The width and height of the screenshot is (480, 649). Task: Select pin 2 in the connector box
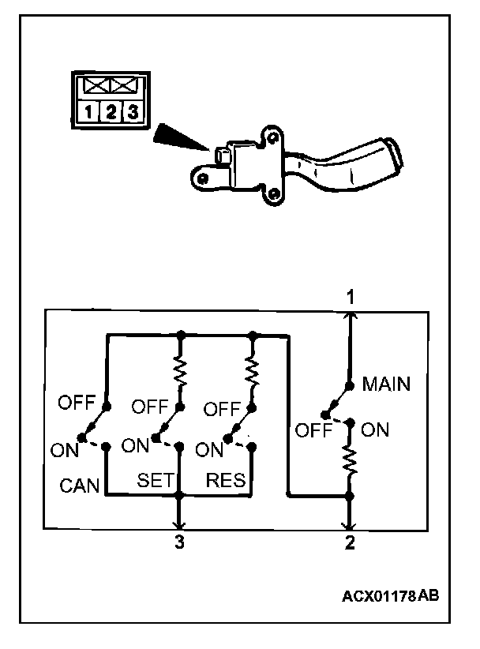pos(111,114)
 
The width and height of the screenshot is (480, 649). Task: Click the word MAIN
pos(386,385)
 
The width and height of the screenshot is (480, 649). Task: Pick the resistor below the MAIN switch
pos(350,462)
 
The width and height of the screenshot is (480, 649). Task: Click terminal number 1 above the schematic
pos(349,296)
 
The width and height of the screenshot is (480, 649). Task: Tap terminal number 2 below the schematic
pos(350,543)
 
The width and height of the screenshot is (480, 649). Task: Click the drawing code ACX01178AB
pos(391,595)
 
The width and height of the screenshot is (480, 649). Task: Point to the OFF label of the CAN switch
pos(77,403)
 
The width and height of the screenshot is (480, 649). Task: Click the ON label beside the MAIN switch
pos(375,430)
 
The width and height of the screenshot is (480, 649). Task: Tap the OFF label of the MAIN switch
pos(312,431)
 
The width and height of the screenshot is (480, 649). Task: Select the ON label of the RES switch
pos(208,450)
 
